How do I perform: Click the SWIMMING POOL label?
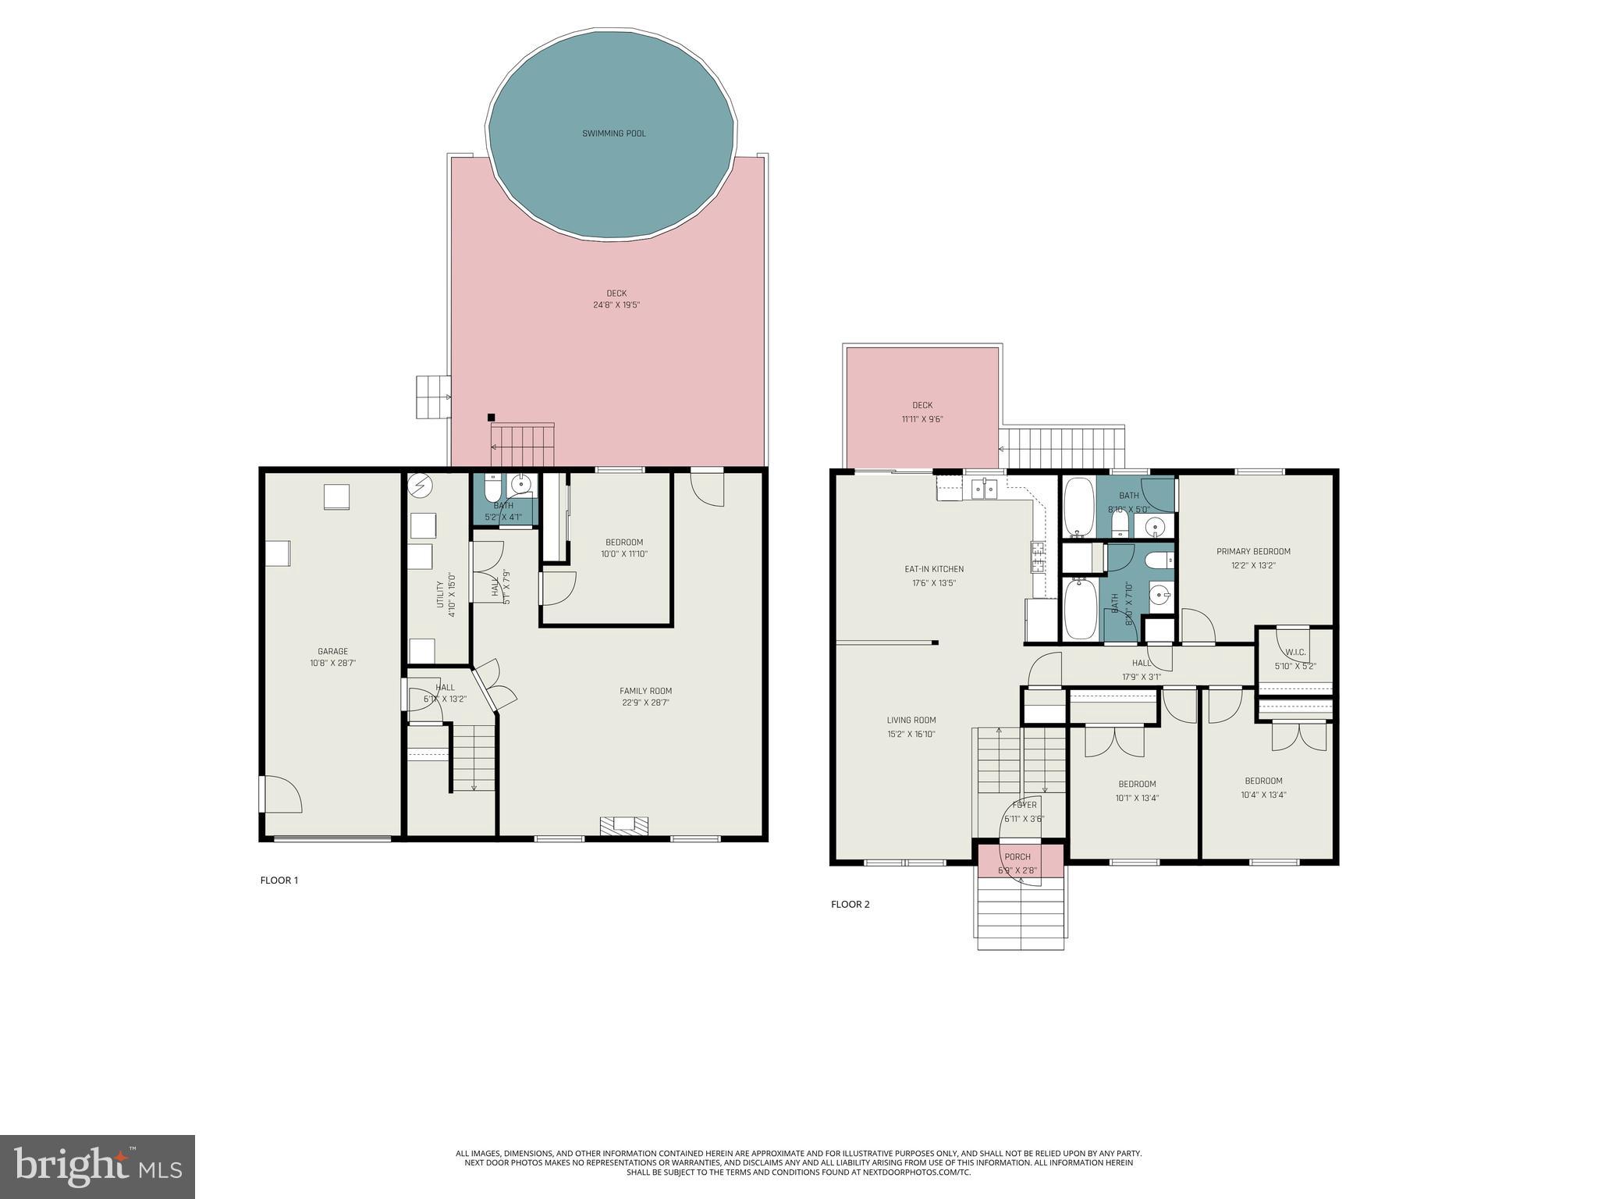(x=614, y=133)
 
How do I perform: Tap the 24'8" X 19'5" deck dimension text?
(x=616, y=305)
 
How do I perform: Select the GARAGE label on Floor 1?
(x=332, y=651)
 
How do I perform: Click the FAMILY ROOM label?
(x=645, y=691)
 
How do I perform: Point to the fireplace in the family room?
(x=623, y=826)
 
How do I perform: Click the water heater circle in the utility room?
(x=420, y=486)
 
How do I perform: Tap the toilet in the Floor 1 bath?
(x=493, y=489)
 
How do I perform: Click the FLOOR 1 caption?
(x=279, y=881)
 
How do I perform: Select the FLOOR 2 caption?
(x=850, y=905)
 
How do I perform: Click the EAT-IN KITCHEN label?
(x=934, y=569)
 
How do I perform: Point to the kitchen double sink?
(x=984, y=489)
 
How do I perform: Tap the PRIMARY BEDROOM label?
(x=1253, y=551)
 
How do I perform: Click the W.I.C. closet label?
(x=1295, y=652)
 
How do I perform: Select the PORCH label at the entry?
(x=1017, y=857)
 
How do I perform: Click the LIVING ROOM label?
(x=911, y=720)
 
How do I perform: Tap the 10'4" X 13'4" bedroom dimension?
(x=1263, y=795)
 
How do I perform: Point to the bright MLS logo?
(x=98, y=1166)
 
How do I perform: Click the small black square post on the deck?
(x=491, y=418)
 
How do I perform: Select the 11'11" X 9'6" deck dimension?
(x=922, y=419)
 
